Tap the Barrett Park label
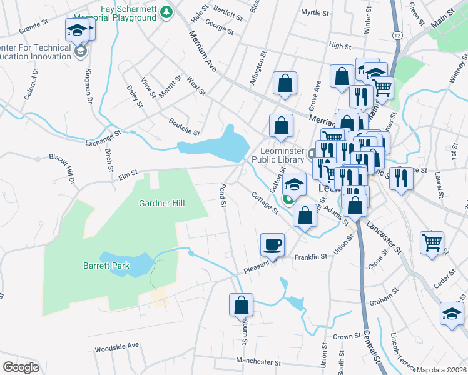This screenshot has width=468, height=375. (x=106, y=266)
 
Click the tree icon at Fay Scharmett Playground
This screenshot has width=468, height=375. (x=166, y=12)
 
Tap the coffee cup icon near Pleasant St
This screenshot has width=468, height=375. (x=272, y=244)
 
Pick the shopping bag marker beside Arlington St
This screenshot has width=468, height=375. (x=285, y=84)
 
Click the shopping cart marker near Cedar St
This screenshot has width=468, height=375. (x=432, y=242)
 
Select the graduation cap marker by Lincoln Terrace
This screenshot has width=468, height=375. (x=452, y=314)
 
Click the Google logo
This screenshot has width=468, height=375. (x=21, y=367)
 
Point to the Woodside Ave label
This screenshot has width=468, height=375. (x=116, y=346)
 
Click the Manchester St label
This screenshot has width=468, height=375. (x=259, y=361)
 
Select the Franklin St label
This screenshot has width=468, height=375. (x=311, y=257)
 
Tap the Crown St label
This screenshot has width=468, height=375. (x=343, y=336)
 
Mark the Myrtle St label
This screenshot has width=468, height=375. (x=315, y=12)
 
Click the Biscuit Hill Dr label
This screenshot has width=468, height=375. (x=72, y=177)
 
